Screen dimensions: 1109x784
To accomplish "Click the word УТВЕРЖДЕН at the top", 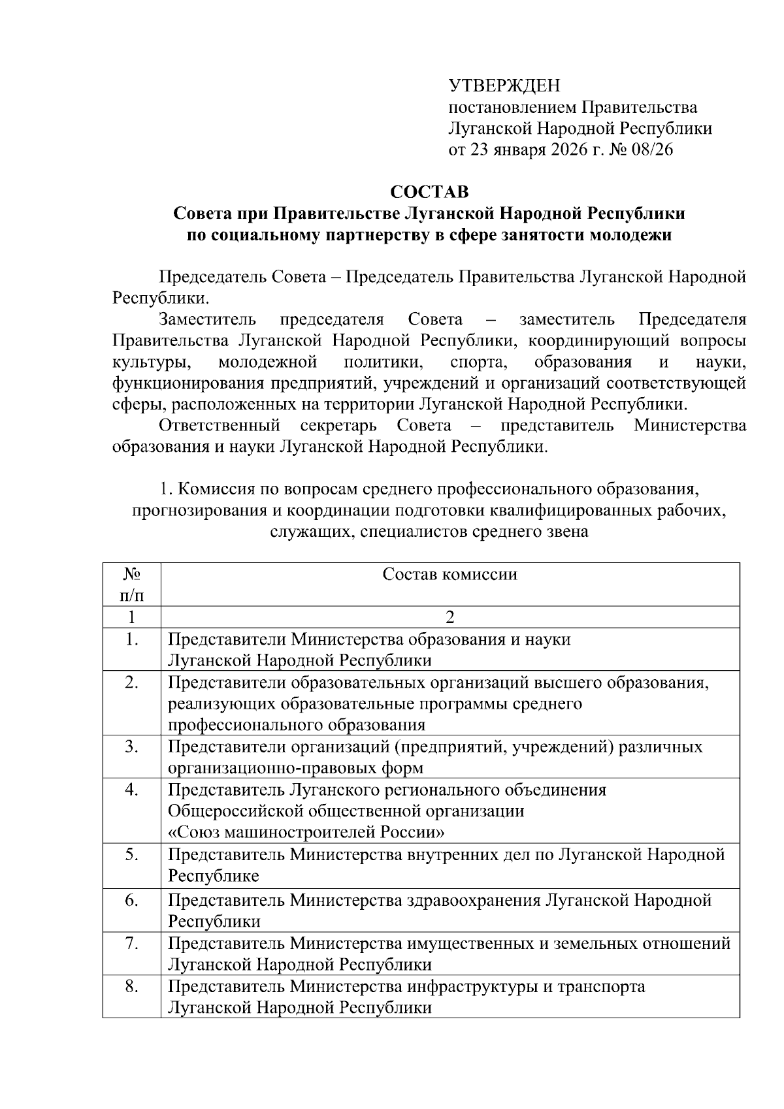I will tap(504, 86).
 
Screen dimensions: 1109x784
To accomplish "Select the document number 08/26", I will tap(651, 150).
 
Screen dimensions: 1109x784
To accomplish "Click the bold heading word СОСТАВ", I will tap(429, 192).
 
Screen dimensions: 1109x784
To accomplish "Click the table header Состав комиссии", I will tap(449, 575).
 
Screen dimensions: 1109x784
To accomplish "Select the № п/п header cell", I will tap(131, 585).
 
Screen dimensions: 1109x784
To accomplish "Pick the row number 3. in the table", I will tap(131, 747).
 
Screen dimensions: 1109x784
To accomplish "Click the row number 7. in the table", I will tap(131, 943).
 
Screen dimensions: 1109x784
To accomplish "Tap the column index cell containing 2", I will tap(449, 617).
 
